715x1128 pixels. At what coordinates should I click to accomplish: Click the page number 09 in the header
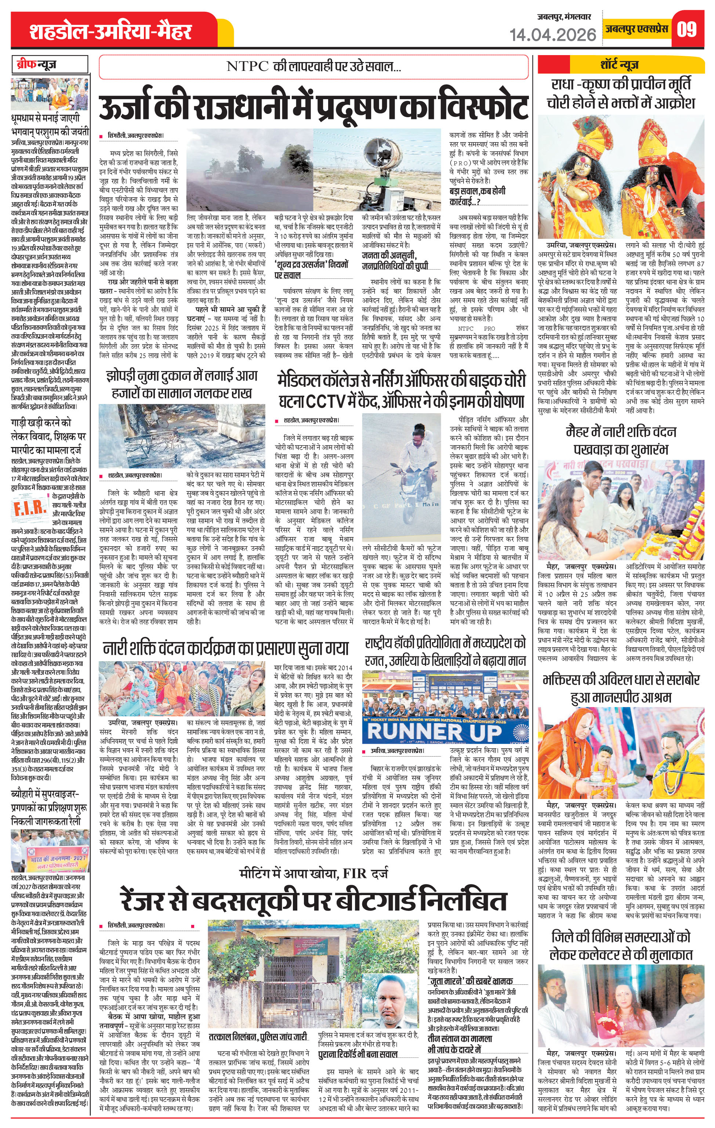pyautogui.click(x=686, y=29)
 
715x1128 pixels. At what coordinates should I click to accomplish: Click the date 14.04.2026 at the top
pyautogui.click(x=552, y=35)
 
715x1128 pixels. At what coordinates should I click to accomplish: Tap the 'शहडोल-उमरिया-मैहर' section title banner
pyautogui.click(x=110, y=31)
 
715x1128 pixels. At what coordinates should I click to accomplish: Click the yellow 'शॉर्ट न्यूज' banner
pyautogui.click(x=620, y=65)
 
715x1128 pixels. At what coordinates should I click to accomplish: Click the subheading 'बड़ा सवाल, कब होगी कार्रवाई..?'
pyautogui.click(x=477, y=196)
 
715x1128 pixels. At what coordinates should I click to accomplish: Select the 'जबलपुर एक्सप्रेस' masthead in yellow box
pyautogui.click(x=636, y=29)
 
